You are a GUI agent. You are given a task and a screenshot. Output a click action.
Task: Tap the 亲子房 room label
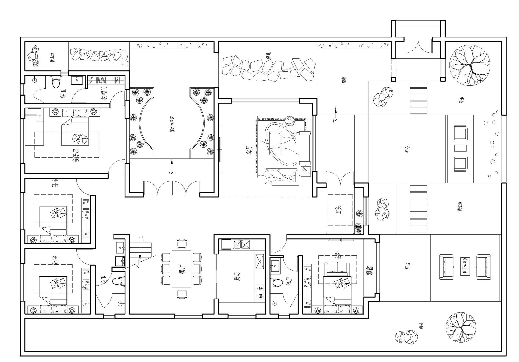click(77, 155)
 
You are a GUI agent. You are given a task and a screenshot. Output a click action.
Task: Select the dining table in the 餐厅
click(181, 269)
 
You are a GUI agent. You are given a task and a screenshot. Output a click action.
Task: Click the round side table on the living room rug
click(289, 120)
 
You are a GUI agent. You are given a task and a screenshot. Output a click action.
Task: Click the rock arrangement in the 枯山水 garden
click(34, 56)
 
